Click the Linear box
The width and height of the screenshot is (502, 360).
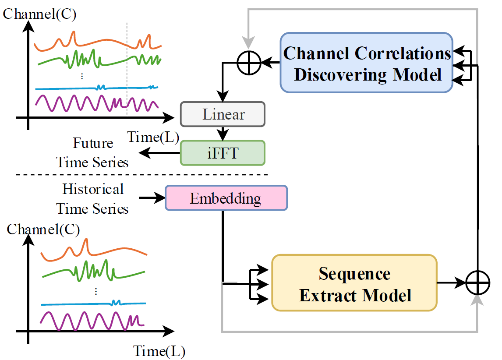tap(223, 114)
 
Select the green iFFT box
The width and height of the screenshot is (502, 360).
tap(223, 153)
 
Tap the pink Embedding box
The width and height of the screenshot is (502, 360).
tap(226, 198)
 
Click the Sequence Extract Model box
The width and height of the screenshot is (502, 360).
tap(354, 283)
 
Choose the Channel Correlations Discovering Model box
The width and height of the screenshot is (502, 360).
tap(367, 63)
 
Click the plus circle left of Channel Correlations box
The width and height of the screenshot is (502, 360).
tap(249, 63)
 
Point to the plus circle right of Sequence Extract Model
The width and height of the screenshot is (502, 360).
tap(477, 283)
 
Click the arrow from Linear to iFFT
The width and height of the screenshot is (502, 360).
tap(223, 134)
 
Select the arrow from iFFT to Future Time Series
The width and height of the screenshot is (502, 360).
tap(159, 153)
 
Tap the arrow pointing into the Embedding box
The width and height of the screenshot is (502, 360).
tap(152, 198)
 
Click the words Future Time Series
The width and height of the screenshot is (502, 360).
tap(92, 153)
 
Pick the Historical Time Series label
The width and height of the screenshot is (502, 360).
tap(92, 199)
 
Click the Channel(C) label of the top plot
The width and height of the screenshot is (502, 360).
tap(39, 14)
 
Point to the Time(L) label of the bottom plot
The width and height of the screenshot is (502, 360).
tap(159, 351)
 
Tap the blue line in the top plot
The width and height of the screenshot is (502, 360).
tap(96, 87)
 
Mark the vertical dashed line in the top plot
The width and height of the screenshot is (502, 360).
tap(127, 70)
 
